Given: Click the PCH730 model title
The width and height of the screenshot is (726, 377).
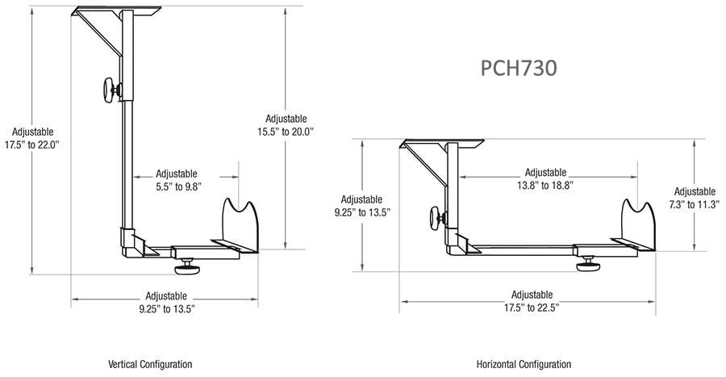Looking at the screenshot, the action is (x=519, y=68).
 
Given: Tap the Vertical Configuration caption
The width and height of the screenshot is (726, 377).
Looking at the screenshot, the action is (x=150, y=364).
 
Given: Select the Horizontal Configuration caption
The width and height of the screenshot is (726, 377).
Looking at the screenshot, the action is (x=524, y=364).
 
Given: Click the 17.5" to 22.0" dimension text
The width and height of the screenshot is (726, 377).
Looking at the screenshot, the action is (x=32, y=145).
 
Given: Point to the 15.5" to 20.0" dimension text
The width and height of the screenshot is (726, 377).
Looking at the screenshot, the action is (x=286, y=132).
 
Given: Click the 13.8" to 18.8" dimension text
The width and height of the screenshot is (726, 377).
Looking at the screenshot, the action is (x=545, y=185).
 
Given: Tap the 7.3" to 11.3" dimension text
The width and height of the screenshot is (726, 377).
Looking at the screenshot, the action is (x=695, y=204).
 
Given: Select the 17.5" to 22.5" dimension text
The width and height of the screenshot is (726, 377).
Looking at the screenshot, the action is (x=532, y=308).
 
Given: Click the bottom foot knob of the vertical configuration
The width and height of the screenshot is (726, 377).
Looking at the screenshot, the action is (x=186, y=267).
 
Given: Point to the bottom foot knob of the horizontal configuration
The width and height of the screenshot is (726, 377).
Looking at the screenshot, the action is (x=589, y=264).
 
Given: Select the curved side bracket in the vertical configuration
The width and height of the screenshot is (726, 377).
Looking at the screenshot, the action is (x=240, y=225).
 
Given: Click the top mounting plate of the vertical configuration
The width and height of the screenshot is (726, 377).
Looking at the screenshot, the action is (x=117, y=10).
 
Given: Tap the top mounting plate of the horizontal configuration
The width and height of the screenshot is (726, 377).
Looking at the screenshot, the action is (x=442, y=144).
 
